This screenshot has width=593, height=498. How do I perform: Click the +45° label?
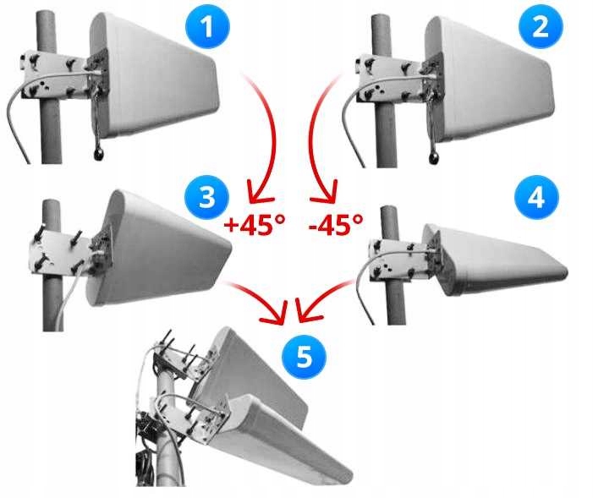pyautogui.click(x=254, y=225)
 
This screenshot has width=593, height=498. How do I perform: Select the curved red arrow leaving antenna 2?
pyautogui.click(x=321, y=135)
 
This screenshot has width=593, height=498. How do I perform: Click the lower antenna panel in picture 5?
pyautogui.click(x=288, y=440)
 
